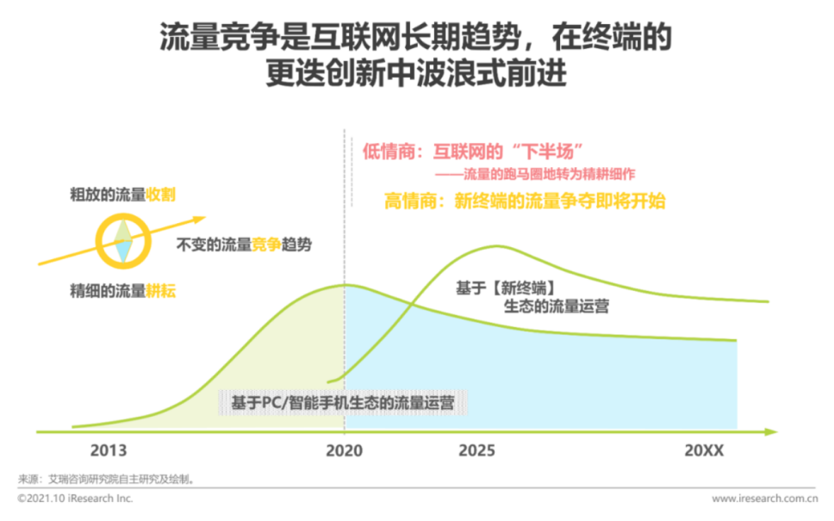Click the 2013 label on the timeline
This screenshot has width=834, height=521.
point(109,450)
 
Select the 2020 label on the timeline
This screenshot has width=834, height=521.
point(345,450)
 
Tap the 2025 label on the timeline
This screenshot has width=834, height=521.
point(478,450)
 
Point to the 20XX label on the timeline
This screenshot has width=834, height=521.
point(704,450)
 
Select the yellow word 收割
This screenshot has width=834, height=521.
point(160,195)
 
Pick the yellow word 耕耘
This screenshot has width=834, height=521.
point(160,290)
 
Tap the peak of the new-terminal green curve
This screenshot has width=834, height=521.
point(498,246)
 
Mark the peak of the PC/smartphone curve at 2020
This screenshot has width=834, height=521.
point(345,285)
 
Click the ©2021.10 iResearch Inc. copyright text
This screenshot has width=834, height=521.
point(75,499)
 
